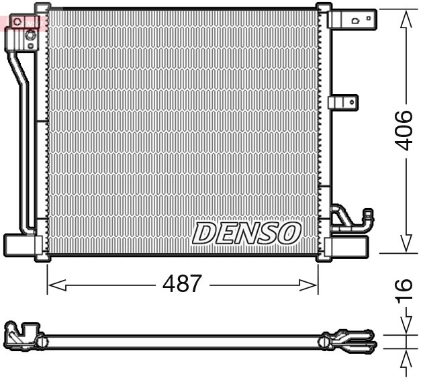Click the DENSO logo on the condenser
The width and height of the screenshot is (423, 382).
246,232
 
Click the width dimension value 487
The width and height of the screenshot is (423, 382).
182,284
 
